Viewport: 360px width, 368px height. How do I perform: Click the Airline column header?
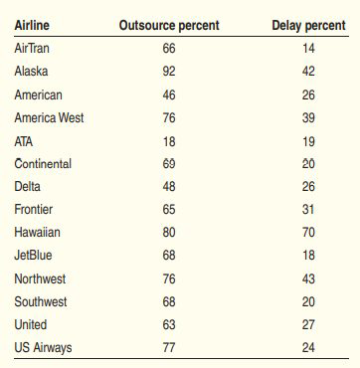tap(32, 25)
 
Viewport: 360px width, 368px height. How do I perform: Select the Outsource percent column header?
tap(169, 26)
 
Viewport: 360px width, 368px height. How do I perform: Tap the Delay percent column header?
tap(308, 26)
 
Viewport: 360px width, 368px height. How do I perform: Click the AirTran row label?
tap(32, 49)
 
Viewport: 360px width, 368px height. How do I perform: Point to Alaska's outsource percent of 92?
tap(169, 72)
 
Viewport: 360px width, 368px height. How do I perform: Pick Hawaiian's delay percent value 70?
tap(308, 232)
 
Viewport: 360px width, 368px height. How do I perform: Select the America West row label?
tap(49, 117)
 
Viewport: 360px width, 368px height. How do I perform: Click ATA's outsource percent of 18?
tap(169, 141)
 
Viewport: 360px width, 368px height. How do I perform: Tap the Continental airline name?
tap(43, 164)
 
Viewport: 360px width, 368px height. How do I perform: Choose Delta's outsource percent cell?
tap(169, 186)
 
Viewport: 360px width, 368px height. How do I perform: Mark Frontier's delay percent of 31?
tap(308, 210)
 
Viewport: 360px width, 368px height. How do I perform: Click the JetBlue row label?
tap(33, 256)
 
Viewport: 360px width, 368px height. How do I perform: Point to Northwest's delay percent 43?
tap(308, 278)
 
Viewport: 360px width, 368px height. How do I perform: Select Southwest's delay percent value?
tap(308, 302)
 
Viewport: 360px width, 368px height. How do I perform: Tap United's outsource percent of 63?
tap(169, 324)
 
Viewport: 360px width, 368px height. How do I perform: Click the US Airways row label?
tap(43, 348)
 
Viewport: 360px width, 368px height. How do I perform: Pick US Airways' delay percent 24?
tap(308, 348)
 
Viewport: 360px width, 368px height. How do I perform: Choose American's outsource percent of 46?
tap(169, 95)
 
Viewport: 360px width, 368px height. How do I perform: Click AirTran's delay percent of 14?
tap(308, 49)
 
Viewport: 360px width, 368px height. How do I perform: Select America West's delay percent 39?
tap(308, 118)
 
